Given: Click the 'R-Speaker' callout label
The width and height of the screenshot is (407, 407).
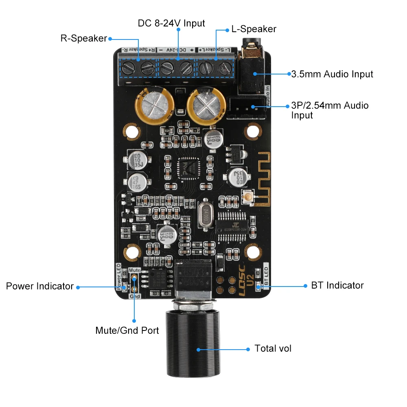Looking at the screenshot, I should pos(83,39).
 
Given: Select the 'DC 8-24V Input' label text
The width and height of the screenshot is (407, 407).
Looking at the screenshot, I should pos(171,23).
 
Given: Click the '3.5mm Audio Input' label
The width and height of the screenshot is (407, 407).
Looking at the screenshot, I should pos(332,74).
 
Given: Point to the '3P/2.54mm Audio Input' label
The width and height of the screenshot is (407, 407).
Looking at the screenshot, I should pos(330,110).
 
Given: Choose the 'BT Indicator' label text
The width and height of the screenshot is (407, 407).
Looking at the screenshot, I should pos(337,285).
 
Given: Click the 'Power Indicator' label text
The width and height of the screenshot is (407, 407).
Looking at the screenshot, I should pos(40,286).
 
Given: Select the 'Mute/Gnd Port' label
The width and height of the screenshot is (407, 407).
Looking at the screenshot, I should pos(127,330).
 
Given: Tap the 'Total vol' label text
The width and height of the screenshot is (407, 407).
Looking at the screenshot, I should pos(273,348).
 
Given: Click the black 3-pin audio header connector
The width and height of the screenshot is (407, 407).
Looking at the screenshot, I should pos(246,107).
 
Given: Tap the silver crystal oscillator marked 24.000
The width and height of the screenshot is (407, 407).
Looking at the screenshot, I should pos(203,217).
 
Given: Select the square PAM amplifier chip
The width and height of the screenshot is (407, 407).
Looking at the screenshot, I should pos(188,168).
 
